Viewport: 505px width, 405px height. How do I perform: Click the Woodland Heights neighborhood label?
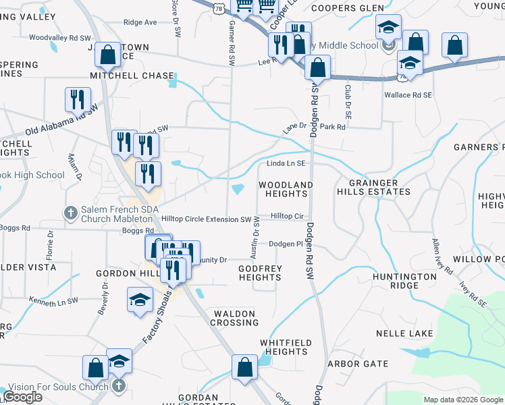(x=286, y=189)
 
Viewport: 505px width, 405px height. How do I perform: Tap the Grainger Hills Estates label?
(x=379, y=187)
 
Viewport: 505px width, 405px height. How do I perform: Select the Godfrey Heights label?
(x=259, y=273)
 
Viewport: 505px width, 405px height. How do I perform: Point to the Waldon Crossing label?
(x=234, y=318)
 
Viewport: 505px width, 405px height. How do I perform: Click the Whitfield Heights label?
(x=286, y=347)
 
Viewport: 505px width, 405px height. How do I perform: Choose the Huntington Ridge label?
(x=404, y=281)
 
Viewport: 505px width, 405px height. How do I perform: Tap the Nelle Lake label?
(x=404, y=333)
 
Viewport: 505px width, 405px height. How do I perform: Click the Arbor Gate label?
(x=358, y=364)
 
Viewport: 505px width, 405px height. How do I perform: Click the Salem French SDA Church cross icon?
(x=71, y=213)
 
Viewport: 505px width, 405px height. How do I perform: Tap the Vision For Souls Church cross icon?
(x=118, y=386)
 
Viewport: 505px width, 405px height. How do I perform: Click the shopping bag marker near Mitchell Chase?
(x=107, y=55)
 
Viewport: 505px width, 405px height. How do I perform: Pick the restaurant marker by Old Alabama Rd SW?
(x=78, y=100)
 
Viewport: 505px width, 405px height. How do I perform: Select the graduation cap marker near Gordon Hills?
(x=140, y=300)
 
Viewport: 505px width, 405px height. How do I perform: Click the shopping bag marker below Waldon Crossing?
(x=244, y=368)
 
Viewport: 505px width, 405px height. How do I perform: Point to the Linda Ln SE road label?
(x=286, y=163)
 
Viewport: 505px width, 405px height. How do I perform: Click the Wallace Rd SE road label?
(x=407, y=95)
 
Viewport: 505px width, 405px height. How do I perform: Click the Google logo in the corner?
(x=22, y=397)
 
